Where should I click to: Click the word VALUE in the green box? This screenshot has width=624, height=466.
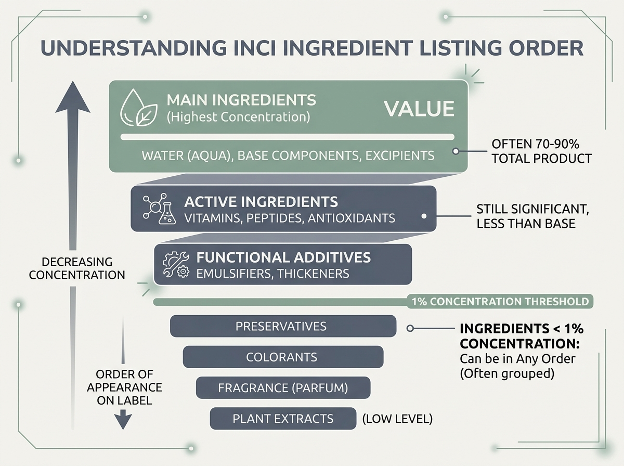pyautogui.click(x=419, y=109)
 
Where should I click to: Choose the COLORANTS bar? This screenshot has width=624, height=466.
pyautogui.click(x=282, y=357)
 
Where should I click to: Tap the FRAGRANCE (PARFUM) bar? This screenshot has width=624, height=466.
pyautogui.click(x=283, y=388)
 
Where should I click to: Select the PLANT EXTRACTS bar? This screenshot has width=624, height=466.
pyautogui.click(x=283, y=418)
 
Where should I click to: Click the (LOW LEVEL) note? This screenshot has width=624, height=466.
pyautogui.click(x=397, y=418)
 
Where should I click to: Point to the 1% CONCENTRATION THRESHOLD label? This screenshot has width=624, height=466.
pyautogui.click(x=500, y=302)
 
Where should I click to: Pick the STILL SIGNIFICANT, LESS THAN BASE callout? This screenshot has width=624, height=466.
pyautogui.click(x=525, y=216)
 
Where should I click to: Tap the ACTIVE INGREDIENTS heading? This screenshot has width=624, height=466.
pyautogui.click(x=261, y=201)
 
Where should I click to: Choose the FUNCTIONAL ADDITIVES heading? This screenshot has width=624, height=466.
pyautogui.click(x=283, y=257)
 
